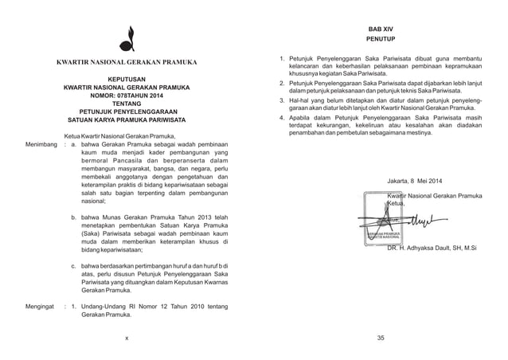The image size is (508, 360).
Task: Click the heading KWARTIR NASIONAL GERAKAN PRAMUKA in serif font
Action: point(126,62)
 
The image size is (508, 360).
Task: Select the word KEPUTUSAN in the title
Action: point(126,80)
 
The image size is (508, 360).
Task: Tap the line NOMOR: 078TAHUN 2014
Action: point(126,93)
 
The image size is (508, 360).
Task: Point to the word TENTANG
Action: point(126,103)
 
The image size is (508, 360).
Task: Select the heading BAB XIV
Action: point(381,28)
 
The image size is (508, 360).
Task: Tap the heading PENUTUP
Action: point(381,38)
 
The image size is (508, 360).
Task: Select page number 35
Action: point(381,338)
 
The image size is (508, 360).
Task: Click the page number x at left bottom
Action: point(126,338)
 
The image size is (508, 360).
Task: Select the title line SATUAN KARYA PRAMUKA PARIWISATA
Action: point(126,120)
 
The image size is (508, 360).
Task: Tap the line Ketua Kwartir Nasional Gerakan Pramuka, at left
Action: point(117,136)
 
